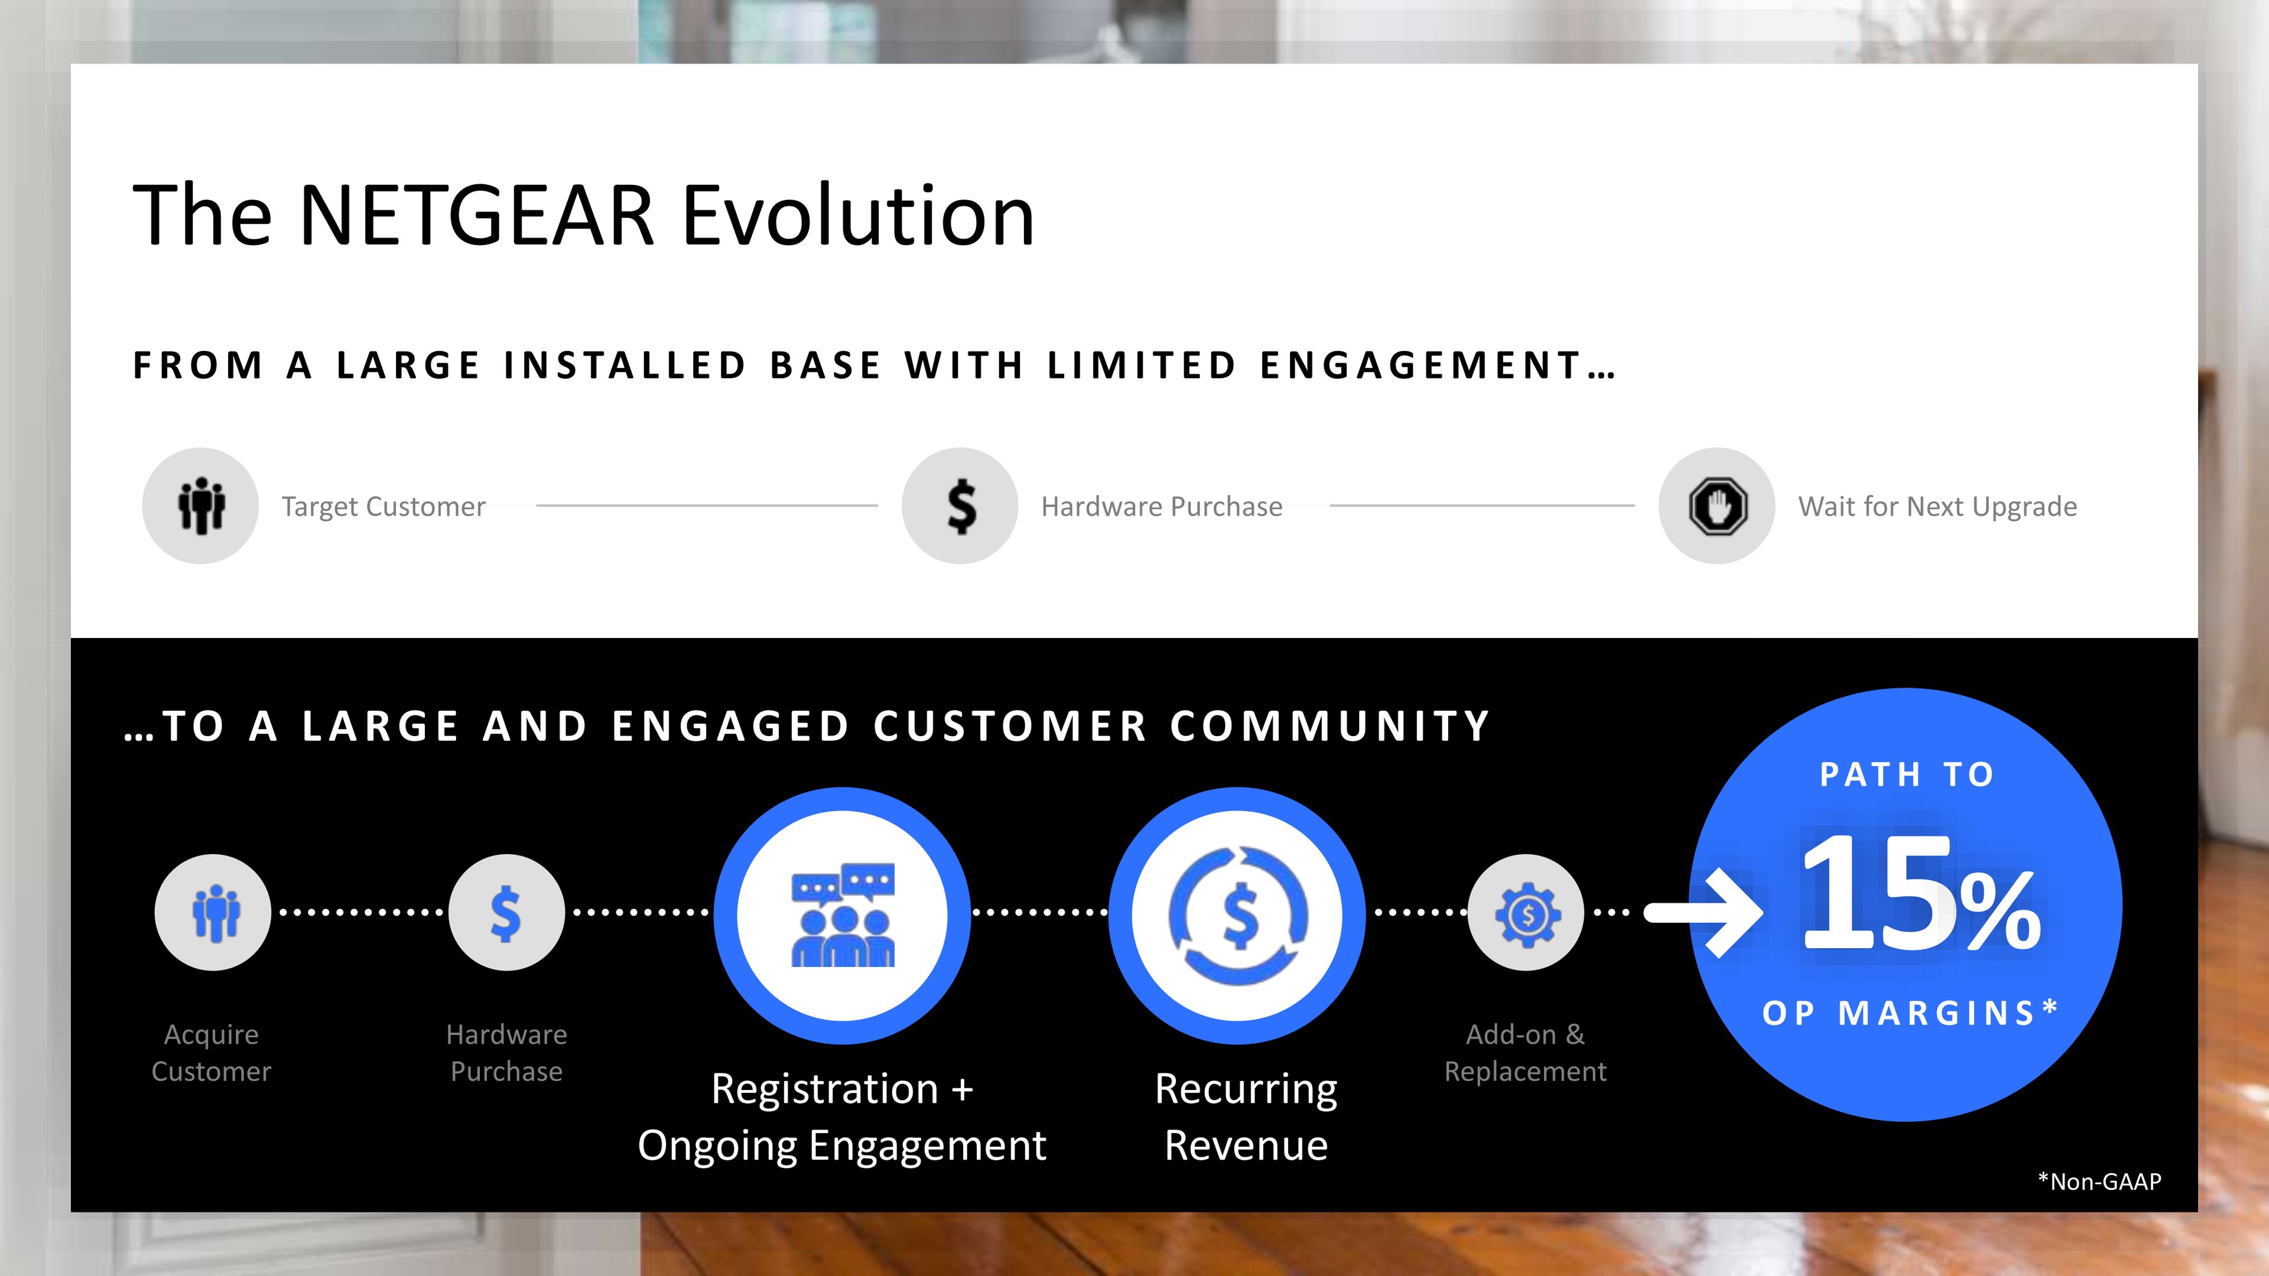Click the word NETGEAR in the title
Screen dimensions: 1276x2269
tap(476, 216)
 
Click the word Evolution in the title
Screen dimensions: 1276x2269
tap(858, 216)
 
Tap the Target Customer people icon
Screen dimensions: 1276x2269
tap(201, 506)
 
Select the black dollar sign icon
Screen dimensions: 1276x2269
tap(960, 506)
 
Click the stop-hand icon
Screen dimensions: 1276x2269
tap(1717, 506)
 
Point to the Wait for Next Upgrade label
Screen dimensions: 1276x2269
tap(1937, 506)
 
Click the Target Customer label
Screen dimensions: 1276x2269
tap(383, 506)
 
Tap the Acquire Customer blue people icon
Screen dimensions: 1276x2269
tap(213, 912)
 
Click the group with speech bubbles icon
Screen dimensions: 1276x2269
tap(843, 916)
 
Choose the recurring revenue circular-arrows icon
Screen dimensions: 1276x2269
tap(1237, 916)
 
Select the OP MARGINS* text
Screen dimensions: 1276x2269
tap(1910, 1013)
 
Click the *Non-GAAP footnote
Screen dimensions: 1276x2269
tap(2100, 1181)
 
